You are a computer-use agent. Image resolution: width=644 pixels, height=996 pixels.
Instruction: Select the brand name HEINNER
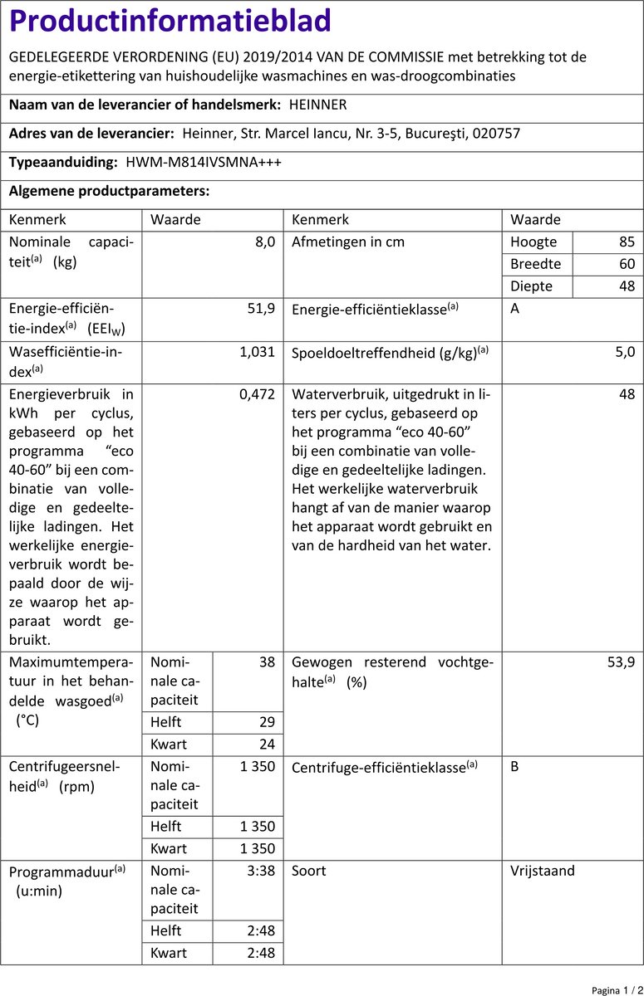click(318, 105)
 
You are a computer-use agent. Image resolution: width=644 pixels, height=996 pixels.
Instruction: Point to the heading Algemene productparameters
click(109, 191)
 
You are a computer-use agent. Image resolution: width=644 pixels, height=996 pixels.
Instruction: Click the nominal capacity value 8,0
click(263, 242)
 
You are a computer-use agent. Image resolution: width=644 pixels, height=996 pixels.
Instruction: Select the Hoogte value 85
click(627, 242)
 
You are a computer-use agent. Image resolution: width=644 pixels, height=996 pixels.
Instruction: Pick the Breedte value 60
click(627, 264)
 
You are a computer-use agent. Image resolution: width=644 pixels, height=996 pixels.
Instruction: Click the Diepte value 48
click(627, 286)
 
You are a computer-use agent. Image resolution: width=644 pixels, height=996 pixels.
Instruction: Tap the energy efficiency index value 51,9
click(262, 309)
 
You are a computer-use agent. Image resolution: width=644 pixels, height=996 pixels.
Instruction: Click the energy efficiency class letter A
click(515, 309)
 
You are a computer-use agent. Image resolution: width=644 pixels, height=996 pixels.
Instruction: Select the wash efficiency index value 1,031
click(257, 352)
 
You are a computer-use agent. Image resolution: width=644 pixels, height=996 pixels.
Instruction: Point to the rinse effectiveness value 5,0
click(626, 352)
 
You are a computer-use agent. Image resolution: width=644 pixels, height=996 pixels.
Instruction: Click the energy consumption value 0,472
click(257, 395)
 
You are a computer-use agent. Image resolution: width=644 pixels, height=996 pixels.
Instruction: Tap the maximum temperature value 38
click(267, 662)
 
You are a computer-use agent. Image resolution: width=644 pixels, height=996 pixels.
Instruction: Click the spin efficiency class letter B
click(515, 767)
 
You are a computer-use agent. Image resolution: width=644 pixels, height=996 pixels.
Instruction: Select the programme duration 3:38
click(260, 871)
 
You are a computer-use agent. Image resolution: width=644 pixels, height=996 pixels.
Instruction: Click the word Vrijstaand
click(543, 871)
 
